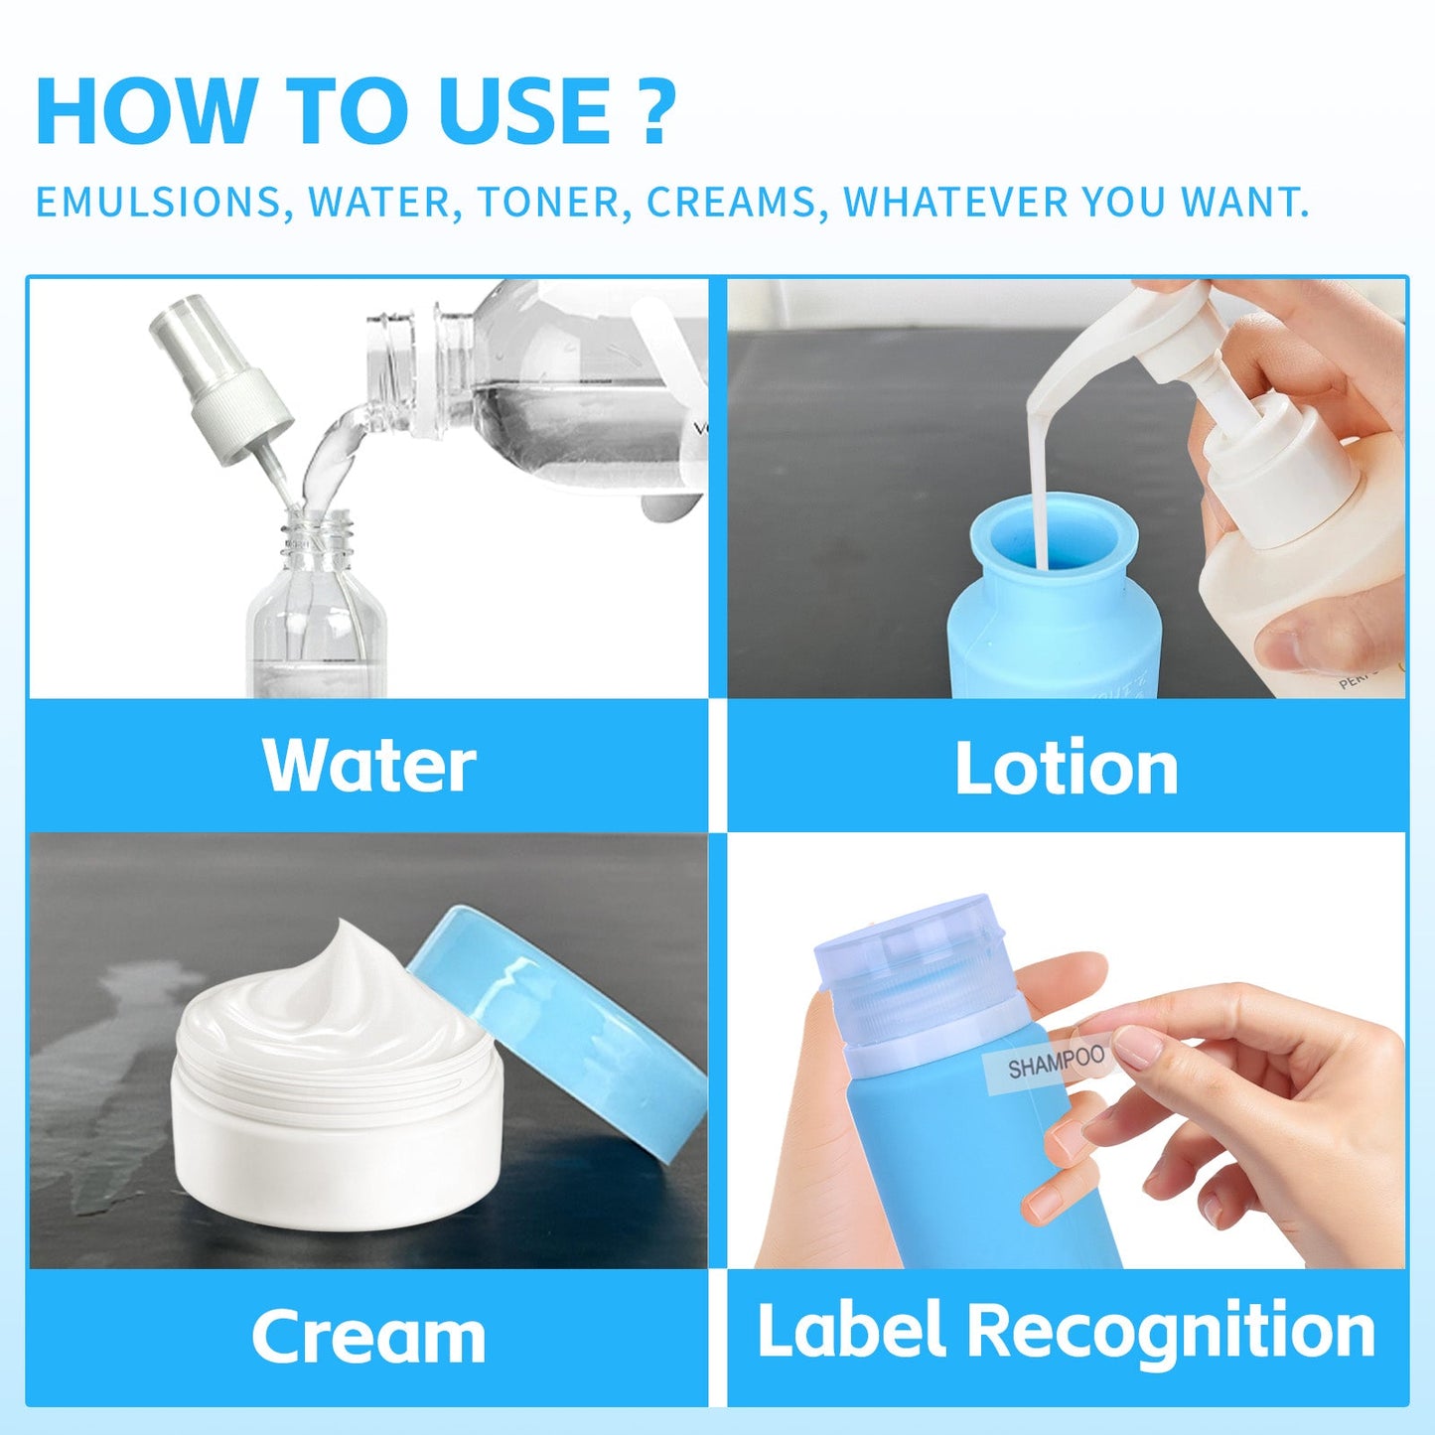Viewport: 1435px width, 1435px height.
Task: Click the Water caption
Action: click(368, 766)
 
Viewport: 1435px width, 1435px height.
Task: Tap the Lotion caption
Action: click(1066, 769)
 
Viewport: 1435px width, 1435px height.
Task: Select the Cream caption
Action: click(368, 1337)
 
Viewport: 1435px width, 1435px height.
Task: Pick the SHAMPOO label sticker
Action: click(1055, 1063)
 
